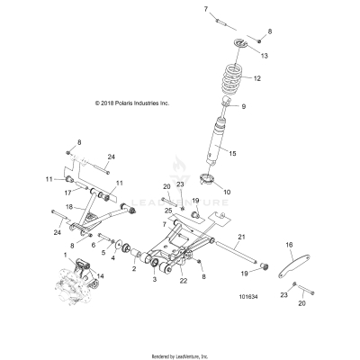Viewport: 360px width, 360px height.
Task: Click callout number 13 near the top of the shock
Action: point(264,55)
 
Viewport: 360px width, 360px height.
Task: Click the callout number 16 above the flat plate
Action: point(290,245)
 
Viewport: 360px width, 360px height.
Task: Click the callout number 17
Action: point(67,191)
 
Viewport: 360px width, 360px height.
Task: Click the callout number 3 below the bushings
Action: point(154,281)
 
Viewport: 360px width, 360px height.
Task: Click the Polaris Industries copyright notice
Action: point(131,103)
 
